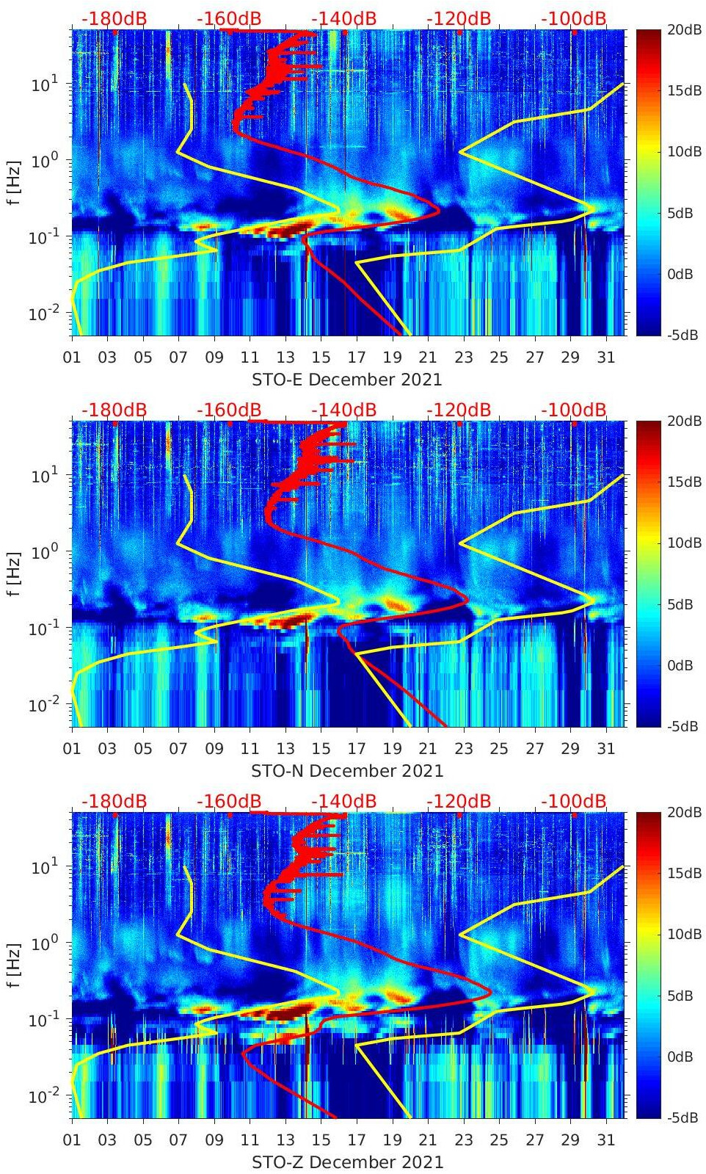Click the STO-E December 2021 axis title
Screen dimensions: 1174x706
click(347, 380)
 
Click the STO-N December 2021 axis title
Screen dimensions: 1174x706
click(347, 771)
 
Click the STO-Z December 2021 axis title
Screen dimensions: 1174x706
click(347, 1162)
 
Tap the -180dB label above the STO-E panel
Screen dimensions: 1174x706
click(114, 18)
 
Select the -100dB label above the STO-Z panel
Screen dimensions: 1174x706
click(574, 801)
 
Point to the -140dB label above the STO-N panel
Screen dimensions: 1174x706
click(343, 410)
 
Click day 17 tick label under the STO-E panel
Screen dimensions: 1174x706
click(357, 358)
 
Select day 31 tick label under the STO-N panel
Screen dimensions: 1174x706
click(605, 749)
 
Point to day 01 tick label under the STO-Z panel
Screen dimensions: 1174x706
click(72, 1140)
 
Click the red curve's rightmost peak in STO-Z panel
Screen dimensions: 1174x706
click(491, 995)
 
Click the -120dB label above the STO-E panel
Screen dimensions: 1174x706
click(459, 18)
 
